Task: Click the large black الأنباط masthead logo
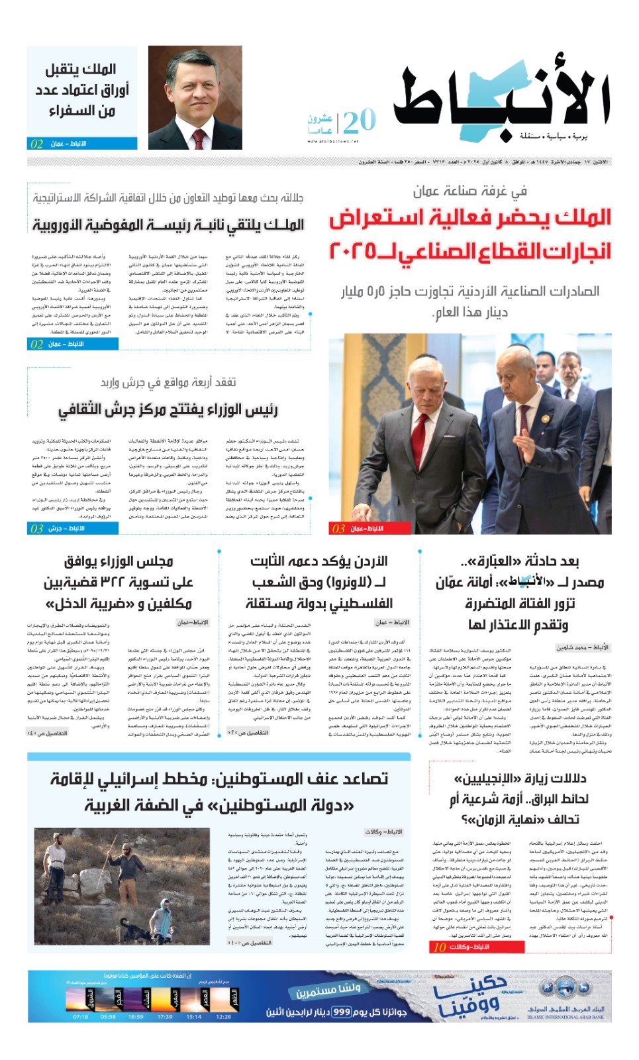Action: (x=501, y=99)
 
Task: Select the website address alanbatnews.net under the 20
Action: (x=333, y=141)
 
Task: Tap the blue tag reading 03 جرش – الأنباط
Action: (x=73, y=528)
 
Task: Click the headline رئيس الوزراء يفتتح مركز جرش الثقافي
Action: (x=168, y=411)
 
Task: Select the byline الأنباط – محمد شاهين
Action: (x=582, y=647)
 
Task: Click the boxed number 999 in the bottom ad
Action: (x=342, y=1012)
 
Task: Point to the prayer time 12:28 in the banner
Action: (x=224, y=1016)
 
